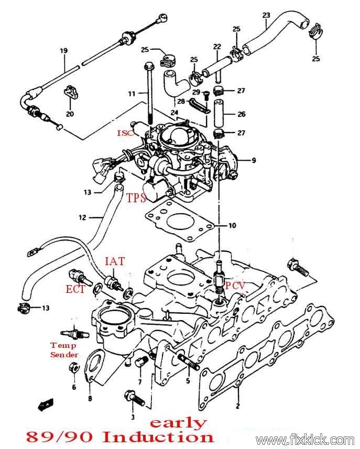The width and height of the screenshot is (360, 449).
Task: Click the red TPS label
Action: coord(136,198)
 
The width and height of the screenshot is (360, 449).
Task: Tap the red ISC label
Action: coord(125,133)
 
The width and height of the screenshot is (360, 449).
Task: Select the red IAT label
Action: coord(115,261)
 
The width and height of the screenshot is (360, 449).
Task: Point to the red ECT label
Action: coord(75,289)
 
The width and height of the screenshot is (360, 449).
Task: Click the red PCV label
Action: coord(235,285)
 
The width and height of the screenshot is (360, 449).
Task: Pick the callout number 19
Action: coord(63,51)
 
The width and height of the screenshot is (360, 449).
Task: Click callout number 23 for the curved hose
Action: coord(266,15)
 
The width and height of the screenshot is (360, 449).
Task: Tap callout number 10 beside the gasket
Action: coord(232,225)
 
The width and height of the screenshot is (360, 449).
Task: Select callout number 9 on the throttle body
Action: coord(254,160)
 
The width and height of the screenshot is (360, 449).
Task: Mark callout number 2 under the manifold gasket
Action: coord(237,406)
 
